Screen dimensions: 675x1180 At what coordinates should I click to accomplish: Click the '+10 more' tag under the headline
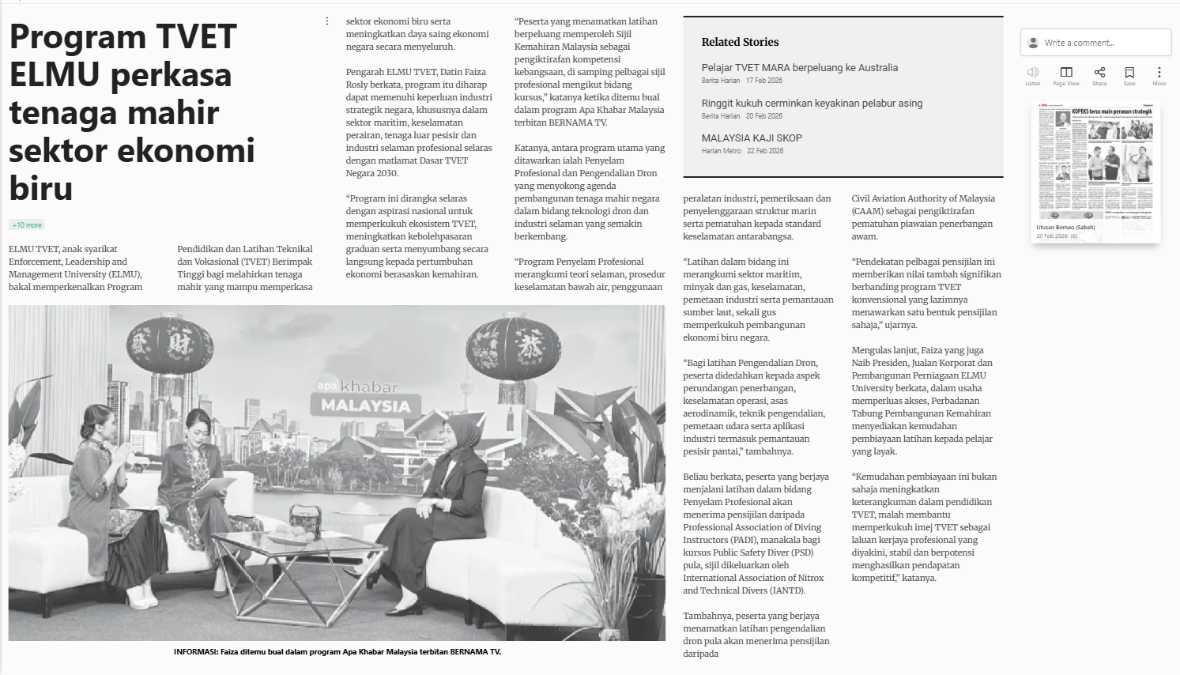pyautogui.click(x=27, y=225)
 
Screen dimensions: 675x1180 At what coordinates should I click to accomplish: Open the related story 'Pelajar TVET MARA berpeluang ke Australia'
pyautogui.click(x=799, y=68)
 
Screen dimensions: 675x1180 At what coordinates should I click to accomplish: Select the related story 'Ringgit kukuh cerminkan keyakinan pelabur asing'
pyautogui.click(x=812, y=104)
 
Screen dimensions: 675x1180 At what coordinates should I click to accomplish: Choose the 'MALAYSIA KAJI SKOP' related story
pyautogui.click(x=751, y=138)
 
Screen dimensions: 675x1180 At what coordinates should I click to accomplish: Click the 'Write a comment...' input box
pyautogui.click(x=1095, y=43)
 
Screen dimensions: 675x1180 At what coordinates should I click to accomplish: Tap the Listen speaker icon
pyautogui.click(x=1032, y=73)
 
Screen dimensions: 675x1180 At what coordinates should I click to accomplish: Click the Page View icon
pyautogui.click(x=1065, y=73)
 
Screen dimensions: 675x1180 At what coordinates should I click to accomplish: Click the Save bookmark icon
pyautogui.click(x=1129, y=73)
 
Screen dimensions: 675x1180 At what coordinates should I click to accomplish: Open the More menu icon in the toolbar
pyautogui.click(x=1159, y=73)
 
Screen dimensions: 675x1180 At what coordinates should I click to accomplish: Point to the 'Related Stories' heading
pyautogui.click(x=740, y=42)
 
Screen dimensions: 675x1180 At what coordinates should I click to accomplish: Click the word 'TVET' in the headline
pyautogui.click(x=196, y=37)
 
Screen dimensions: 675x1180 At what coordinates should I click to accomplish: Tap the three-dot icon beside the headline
pyautogui.click(x=326, y=21)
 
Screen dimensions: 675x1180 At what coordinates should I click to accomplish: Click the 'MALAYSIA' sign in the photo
pyautogui.click(x=365, y=406)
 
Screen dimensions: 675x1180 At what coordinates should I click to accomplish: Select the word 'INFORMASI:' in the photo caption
pyautogui.click(x=196, y=652)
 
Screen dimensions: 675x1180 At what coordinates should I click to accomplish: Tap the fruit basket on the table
pyautogui.click(x=305, y=522)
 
